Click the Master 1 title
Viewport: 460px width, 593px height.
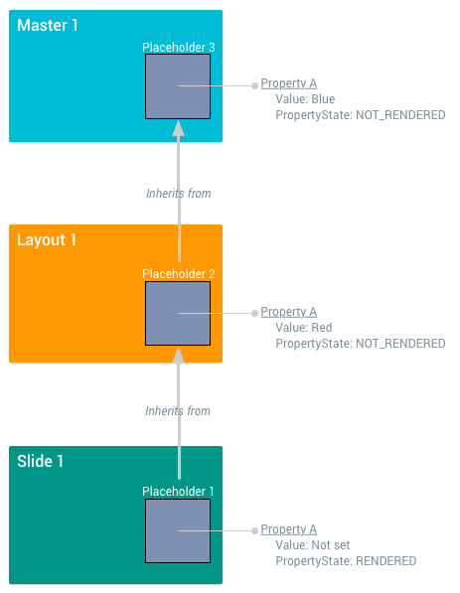(x=48, y=25)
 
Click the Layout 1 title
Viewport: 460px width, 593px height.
(x=47, y=239)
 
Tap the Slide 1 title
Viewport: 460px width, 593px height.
(x=41, y=461)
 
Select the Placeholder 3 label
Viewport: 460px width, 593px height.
(x=178, y=47)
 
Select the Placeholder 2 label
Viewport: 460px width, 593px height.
(x=178, y=273)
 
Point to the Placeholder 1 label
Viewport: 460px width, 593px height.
(x=178, y=491)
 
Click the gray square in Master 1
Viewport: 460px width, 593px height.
(x=178, y=85)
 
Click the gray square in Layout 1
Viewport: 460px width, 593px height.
(x=178, y=312)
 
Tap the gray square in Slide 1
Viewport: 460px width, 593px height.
(x=178, y=530)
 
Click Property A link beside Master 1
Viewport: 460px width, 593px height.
(x=288, y=84)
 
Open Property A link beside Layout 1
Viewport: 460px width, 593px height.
(x=288, y=312)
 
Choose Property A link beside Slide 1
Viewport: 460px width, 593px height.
(x=288, y=529)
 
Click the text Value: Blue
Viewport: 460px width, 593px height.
(x=305, y=99)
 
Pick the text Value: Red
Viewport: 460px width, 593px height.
(x=303, y=327)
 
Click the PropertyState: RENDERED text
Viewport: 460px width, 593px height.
(x=345, y=561)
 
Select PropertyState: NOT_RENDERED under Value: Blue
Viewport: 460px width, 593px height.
(x=360, y=115)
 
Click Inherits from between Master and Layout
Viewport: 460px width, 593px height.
(x=178, y=193)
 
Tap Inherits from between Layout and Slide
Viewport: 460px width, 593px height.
(x=178, y=410)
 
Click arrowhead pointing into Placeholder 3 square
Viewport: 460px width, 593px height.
(x=179, y=128)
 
